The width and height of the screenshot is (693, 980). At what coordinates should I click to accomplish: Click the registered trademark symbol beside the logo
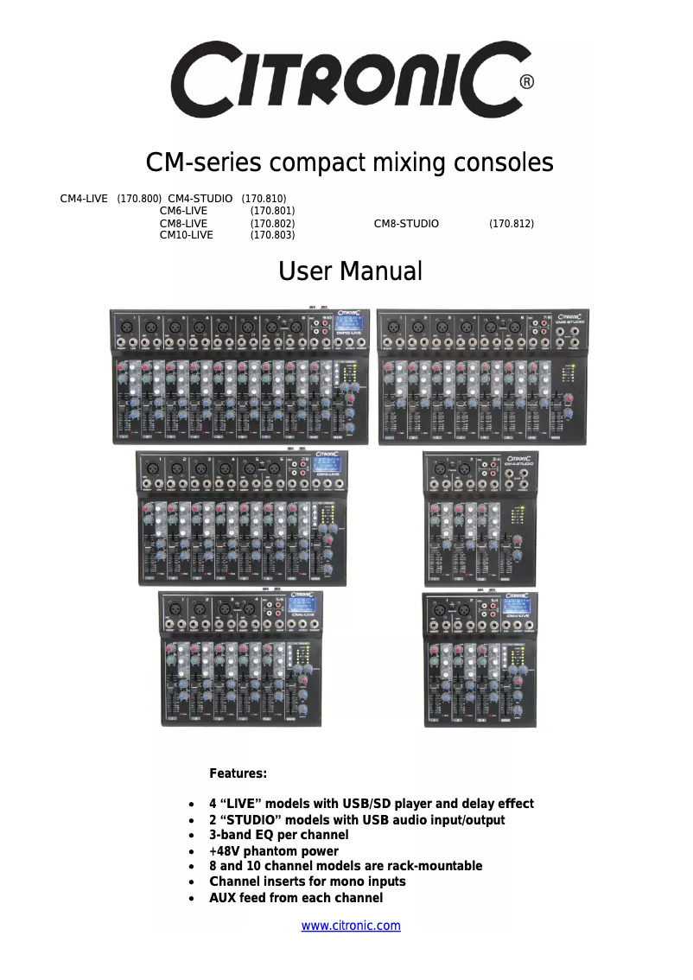[526, 82]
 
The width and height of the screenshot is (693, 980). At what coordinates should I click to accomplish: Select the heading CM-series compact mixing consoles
[349, 162]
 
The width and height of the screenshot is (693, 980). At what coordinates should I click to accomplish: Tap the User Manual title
[350, 271]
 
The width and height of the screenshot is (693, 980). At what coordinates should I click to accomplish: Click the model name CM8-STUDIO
[406, 224]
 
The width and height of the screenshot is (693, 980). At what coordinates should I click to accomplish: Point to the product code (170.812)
[512, 224]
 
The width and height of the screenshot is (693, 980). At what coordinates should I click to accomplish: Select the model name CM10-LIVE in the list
[186, 235]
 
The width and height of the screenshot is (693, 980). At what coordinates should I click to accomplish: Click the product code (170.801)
[272, 211]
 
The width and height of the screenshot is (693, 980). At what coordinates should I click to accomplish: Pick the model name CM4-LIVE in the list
[84, 199]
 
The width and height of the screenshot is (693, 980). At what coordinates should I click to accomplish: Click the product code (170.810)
[264, 199]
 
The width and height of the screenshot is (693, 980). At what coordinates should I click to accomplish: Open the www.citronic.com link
[350, 926]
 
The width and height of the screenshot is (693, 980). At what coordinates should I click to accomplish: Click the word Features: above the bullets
[238, 773]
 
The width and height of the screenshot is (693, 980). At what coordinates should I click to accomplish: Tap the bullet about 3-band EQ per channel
[278, 835]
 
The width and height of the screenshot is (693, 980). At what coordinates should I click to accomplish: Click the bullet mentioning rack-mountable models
[346, 866]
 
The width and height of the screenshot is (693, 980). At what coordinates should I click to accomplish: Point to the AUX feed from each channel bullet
[296, 898]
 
